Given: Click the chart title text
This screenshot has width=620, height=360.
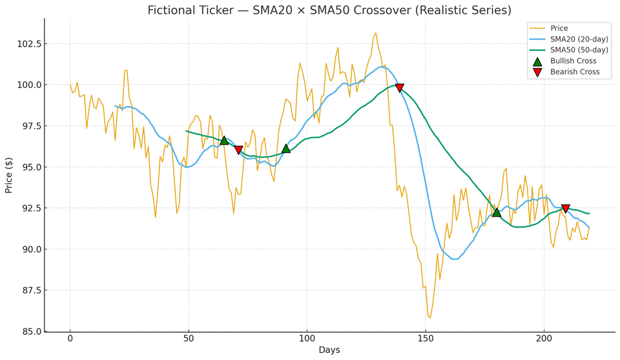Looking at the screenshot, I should (x=329, y=10).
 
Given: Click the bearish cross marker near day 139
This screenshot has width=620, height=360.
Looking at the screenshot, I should (x=400, y=88).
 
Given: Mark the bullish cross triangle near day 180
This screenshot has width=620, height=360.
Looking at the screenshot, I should (x=497, y=212).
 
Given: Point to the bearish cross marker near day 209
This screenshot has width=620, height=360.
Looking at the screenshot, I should (x=565, y=209).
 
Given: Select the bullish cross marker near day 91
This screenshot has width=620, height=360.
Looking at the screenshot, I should (x=286, y=149).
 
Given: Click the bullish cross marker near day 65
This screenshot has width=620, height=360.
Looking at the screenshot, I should (x=224, y=140).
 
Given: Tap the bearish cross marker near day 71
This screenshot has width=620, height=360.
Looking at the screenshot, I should (x=238, y=150).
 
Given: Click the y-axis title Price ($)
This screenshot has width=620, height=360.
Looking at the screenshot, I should (x=9, y=175).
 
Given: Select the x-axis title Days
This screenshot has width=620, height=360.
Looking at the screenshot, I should (x=329, y=350).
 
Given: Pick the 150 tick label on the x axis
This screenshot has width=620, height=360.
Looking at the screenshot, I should (x=426, y=339).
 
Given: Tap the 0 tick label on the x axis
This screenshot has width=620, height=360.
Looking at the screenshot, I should (x=70, y=339).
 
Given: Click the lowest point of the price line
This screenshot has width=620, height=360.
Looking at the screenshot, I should (x=430, y=318).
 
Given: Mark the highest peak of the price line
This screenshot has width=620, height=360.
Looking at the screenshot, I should (x=376, y=33).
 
